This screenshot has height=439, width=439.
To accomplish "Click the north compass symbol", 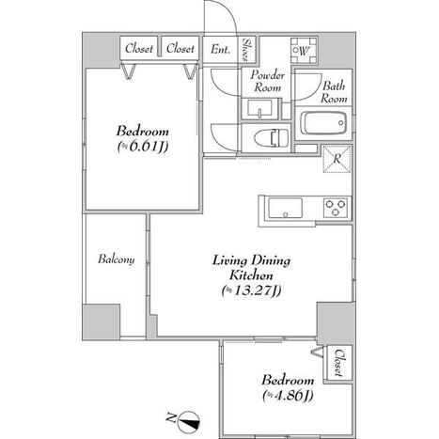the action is point(188,421).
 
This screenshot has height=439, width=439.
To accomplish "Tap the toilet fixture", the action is point(272,137).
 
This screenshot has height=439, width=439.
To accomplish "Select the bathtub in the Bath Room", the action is point(323,123).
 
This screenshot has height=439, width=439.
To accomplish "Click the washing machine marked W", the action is point(304,51).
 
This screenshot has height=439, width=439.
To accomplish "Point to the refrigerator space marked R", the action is point(337,159).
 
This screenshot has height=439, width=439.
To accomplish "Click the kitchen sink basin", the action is point(285,209).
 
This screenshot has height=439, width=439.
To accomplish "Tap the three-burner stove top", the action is point(336,208).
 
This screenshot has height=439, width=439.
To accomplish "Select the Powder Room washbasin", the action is point(259,108).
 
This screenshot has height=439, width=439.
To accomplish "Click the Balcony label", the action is point(117,259).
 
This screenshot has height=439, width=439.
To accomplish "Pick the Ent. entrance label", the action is point(221,49).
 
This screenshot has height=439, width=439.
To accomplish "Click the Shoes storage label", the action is point(247,50).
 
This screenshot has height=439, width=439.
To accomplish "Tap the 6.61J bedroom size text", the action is point(143,147).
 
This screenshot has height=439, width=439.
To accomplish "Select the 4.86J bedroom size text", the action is point(288,396).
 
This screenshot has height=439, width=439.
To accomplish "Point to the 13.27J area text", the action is point(252,290).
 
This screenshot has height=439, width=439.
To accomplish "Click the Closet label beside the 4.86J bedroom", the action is point(338,363).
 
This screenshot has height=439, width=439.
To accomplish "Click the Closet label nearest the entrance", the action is point(180,49).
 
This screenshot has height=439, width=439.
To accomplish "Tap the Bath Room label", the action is point(334,92).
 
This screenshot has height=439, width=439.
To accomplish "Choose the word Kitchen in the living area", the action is point(251,275).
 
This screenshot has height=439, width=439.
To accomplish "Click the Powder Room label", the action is point(267,81).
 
